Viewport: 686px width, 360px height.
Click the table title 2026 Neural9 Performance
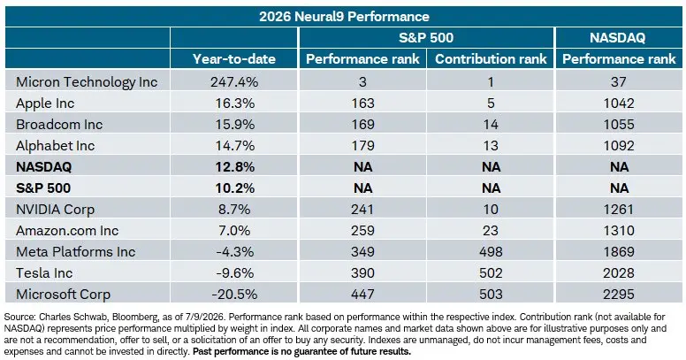click(344, 17)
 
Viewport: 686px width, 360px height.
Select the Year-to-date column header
click(234, 59)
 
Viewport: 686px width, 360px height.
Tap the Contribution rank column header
click(491, 59)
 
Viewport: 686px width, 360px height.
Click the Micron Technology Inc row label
click(87, 82)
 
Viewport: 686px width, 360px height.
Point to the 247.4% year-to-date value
click(234, 82)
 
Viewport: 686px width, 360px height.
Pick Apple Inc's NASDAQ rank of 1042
click(619, 103)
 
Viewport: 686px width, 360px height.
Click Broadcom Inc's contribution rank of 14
click(491, 125)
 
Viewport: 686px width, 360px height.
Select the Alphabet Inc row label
click(55, 145)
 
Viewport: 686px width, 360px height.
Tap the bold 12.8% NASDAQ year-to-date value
click(234, 167)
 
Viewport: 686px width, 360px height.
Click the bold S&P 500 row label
click(43, 188)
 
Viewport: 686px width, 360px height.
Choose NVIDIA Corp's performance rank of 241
click(362, 210)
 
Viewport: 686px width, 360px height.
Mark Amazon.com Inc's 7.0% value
click(234, 230)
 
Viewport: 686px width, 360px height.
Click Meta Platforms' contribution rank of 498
click(491, 252)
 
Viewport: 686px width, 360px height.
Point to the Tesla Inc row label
click(44, 272)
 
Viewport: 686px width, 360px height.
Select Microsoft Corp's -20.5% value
click(234, 295)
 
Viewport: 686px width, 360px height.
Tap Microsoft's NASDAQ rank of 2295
click(619, 295)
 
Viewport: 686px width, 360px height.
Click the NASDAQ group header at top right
click(617, 38)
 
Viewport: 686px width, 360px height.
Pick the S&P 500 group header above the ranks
click(426, 38)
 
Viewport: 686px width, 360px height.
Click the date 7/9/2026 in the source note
click(206, 317)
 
